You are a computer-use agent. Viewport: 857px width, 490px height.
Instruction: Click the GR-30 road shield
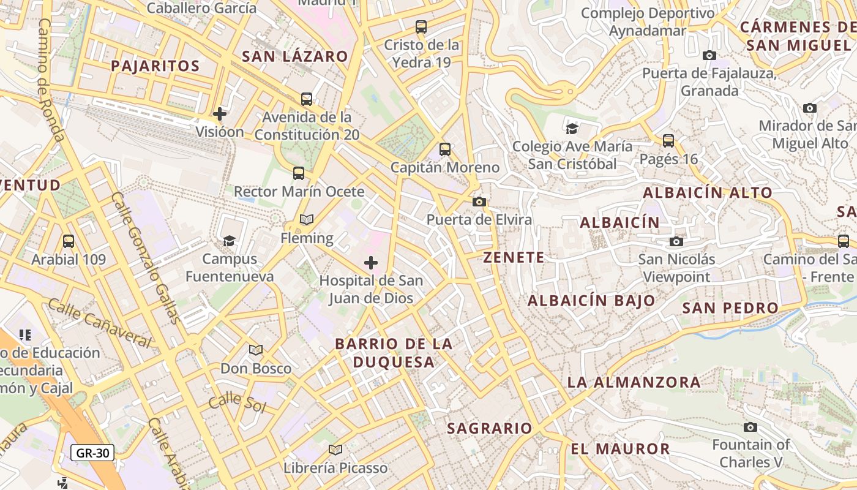point(92,453)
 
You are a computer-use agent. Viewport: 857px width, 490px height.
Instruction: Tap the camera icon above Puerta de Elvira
point(479,202)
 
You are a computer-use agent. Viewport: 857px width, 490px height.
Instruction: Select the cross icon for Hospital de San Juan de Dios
point(371,263)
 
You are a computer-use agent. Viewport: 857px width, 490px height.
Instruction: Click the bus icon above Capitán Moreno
point(445,149)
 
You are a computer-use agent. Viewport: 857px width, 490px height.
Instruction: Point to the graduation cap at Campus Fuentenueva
point(230,241)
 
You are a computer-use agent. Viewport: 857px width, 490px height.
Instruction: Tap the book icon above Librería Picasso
point(335,450)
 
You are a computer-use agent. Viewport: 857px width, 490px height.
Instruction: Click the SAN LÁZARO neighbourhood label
point(295,56)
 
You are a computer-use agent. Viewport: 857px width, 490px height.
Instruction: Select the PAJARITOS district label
point(155,66)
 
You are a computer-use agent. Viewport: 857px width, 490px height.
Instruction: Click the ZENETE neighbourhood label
point(514,257)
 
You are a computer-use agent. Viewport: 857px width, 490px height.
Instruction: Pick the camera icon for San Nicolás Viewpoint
point(676,241)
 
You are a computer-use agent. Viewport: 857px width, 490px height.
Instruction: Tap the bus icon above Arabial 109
point(69,241)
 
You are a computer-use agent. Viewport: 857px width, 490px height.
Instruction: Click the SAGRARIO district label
point(490,428)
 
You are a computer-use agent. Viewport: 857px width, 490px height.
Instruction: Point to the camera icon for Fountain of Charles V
point(750,427)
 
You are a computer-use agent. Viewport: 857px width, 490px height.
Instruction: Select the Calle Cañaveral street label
point(99,323)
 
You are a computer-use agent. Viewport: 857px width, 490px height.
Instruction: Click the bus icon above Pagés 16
point(668,141)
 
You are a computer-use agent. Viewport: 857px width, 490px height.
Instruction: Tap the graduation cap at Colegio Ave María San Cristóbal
point(572,128)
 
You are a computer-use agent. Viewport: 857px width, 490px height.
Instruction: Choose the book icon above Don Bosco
point(256,350)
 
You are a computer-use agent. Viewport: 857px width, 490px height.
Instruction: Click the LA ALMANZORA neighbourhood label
point(634,382)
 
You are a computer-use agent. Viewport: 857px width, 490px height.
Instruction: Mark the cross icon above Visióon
point(220,114)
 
